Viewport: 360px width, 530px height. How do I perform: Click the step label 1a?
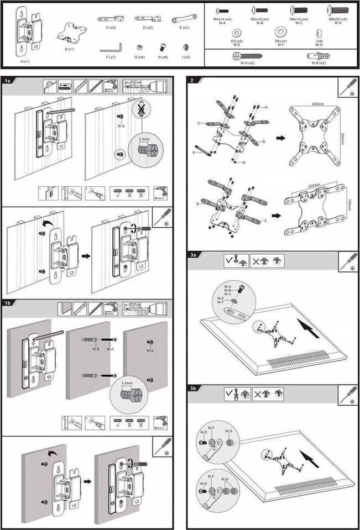8,81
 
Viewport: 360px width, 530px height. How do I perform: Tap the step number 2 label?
191,81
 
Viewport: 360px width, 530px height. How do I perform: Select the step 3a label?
193,256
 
